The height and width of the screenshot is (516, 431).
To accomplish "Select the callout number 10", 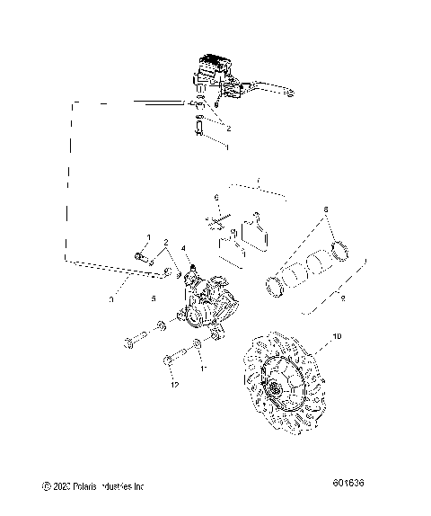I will [338, 337].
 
